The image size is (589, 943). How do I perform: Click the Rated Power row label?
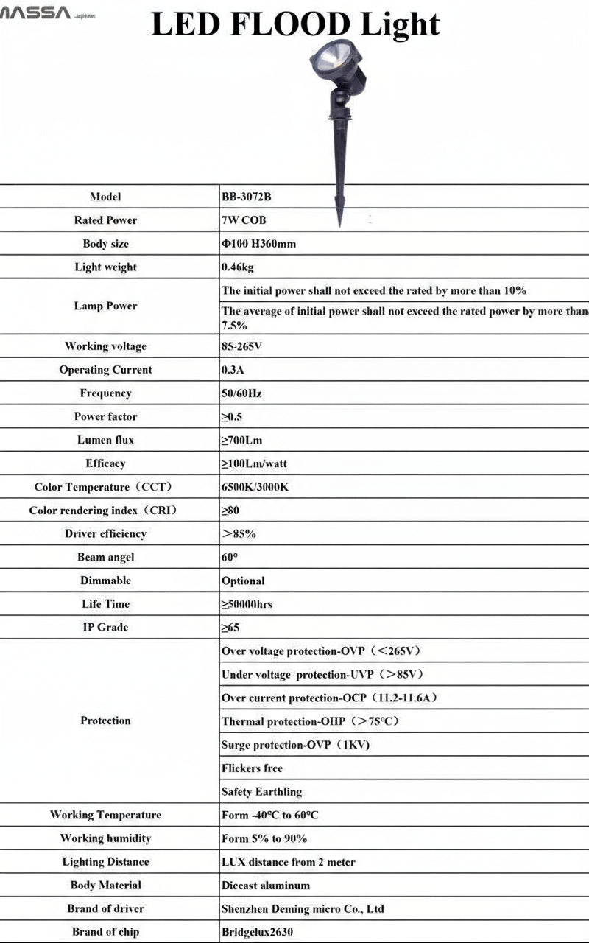pos(105,220)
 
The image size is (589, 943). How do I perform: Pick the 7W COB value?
pos(244,220)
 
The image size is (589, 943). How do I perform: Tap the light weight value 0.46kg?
pos(238,267)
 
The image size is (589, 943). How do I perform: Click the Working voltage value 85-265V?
pos(241,346)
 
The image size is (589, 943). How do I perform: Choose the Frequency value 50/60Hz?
pos(241,393)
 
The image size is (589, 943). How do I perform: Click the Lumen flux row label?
pos(105,440)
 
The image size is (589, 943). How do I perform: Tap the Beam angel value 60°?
pos(230,558)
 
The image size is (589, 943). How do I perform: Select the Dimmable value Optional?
pos(243,581)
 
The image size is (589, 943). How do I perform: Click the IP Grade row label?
pos(105,628)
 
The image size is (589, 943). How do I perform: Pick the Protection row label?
pos(105,721)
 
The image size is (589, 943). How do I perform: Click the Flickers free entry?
pos(252,768)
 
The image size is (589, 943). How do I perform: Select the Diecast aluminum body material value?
pos(266,886)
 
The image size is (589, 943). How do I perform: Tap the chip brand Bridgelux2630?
pos(257,932)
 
